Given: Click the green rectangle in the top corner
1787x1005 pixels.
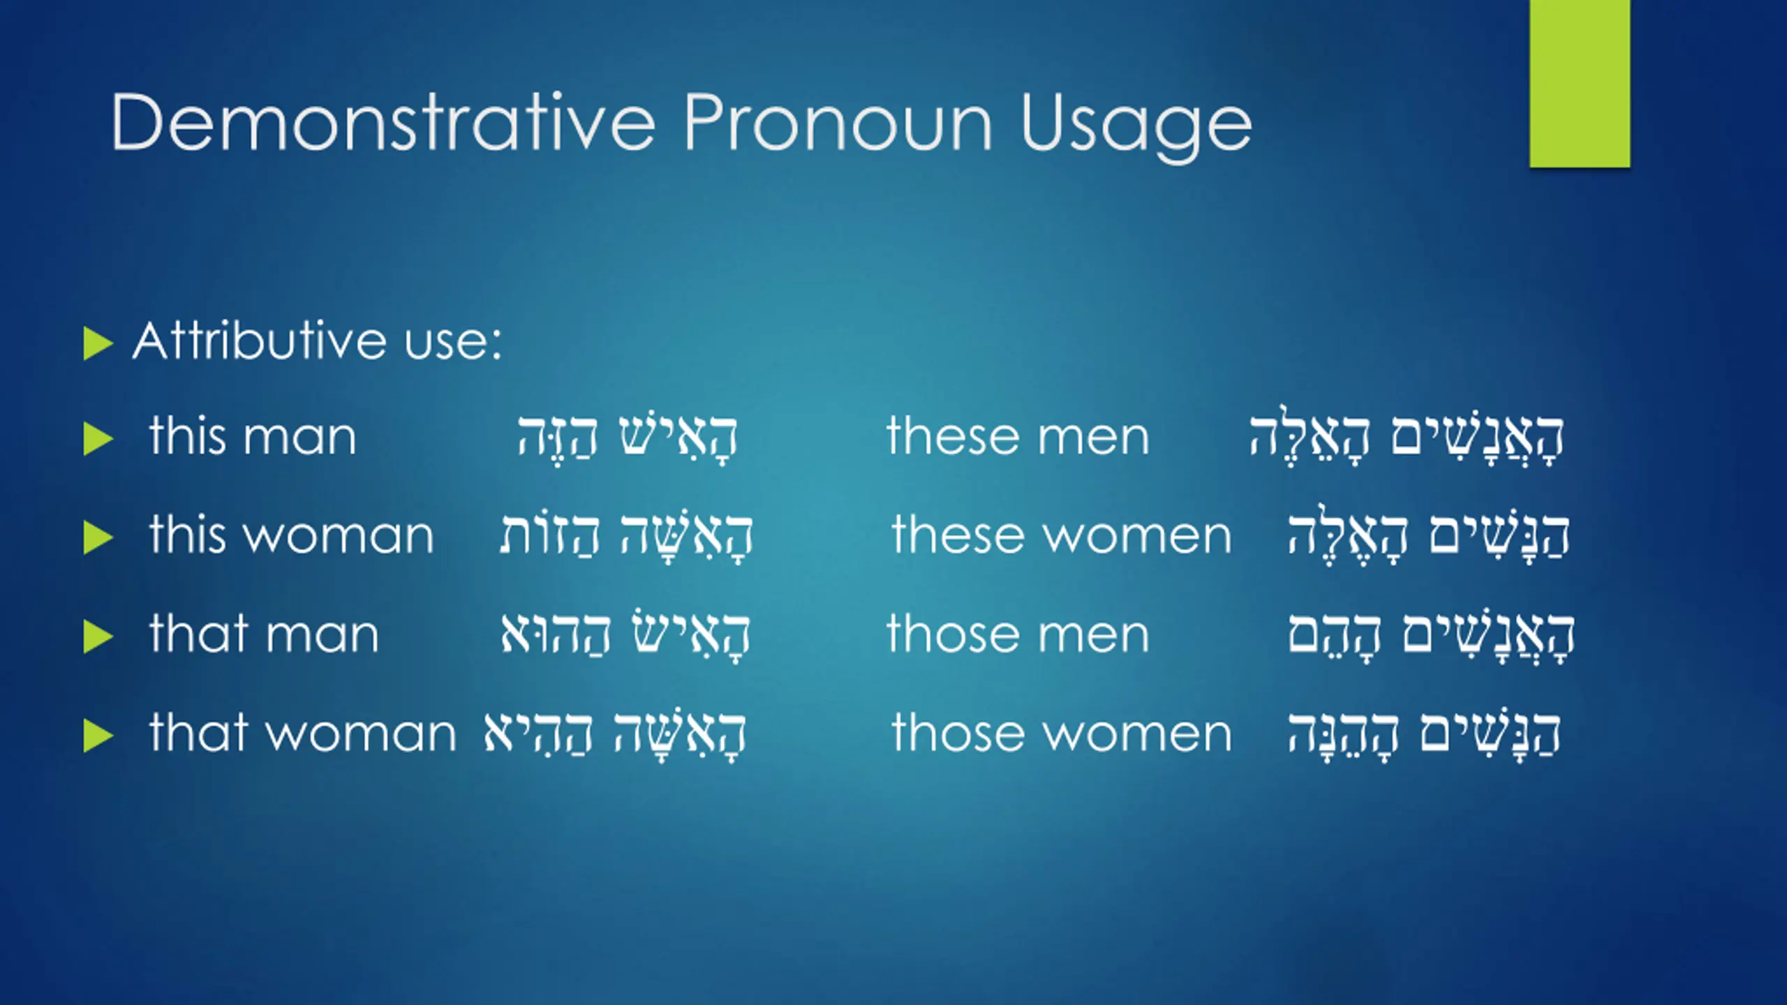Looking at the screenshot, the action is click(1580, 84).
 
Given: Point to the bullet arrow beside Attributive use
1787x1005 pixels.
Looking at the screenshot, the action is click(98, 343).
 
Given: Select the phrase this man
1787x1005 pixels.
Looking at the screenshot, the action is click(253, 436).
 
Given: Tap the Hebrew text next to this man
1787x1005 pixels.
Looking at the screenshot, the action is click(628, 438).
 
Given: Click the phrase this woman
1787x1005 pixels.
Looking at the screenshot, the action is click(291, 535).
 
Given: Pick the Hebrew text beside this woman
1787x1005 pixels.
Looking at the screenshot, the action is click(626, 537).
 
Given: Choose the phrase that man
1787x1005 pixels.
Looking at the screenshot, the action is click(264, 634).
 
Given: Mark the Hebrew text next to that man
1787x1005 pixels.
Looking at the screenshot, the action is click(625, 635).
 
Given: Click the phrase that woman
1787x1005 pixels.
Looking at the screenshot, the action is click(302, 733).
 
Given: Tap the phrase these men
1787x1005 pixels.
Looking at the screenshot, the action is click(1018, 436).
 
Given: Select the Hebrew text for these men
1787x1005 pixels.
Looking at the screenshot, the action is click(1406, 438).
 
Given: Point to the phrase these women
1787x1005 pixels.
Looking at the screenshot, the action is click(1062, 535).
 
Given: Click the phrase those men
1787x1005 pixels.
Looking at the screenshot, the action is click(1018, 634).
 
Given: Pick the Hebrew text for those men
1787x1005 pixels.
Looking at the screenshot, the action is click(1431, 635).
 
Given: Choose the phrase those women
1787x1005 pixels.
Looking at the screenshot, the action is click(1062, 733).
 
